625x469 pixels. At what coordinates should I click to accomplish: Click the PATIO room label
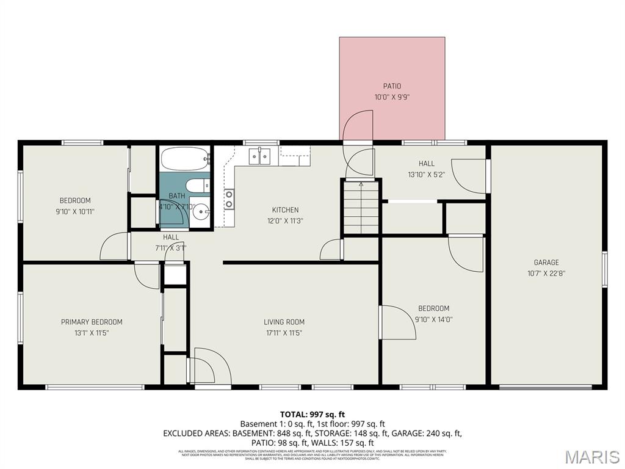tap(392, 86)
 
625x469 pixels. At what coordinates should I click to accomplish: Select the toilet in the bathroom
tap(197, 186)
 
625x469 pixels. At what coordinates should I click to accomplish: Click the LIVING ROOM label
tap(284, 322)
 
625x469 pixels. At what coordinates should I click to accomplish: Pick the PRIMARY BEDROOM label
tap(92, 322)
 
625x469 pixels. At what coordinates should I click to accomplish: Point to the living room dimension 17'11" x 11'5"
tap(284, 333)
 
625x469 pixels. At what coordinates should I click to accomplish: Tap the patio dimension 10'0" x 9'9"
tap(392, 97)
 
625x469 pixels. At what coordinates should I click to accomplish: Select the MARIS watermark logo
tap(591, 457)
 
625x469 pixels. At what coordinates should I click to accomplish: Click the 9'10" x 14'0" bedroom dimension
tap(433, 319)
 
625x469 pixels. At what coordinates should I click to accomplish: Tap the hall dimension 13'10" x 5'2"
tap(427, 175)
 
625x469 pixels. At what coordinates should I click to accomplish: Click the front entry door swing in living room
tap(211, 366)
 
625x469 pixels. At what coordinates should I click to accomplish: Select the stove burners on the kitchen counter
tap(229, 199)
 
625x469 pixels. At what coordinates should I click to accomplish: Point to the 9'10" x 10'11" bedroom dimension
tap(75, 211)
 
